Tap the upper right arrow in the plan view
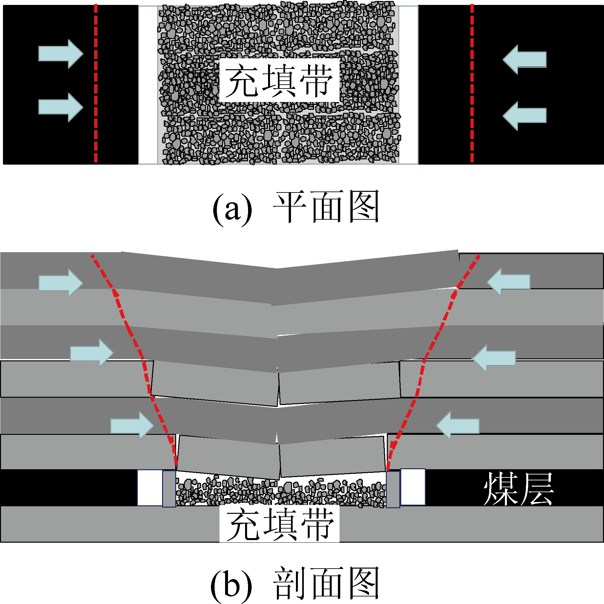click(x=524, y=59)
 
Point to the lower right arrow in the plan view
click(x=524, y=116)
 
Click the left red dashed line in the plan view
click(x=95, y=84)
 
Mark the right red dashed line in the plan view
click(x=472, y=84)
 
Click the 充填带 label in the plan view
click(x=279, y=80)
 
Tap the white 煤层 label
click(x=519, y=489)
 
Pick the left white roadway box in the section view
click(x=150, y=488)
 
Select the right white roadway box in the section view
click(x=413, y=487)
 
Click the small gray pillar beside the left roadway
click(x=169, y=489)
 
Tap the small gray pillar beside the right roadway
click(x=393, y=490)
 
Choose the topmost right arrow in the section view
click(x=509, y=282)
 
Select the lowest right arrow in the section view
click(x=458, y=425)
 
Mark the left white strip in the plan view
click(x=148, y=85)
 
